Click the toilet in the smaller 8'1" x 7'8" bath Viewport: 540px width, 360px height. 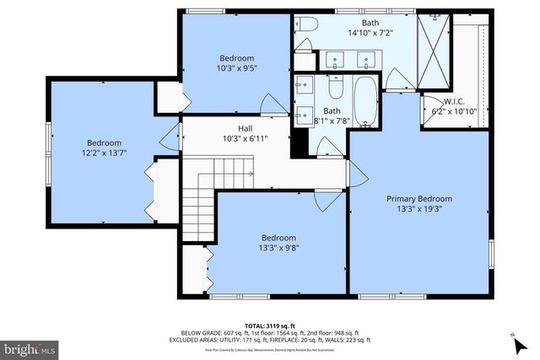point(335,87)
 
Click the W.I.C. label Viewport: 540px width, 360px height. point(444,101)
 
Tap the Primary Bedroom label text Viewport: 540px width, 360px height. point(419,199)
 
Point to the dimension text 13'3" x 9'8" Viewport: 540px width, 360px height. point(278,249)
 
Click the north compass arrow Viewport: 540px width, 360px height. point(515,341)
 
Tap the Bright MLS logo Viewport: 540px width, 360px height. point(30,347)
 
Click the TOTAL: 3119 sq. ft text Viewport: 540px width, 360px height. point(270,325)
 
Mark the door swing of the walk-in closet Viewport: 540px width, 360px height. point(429,107)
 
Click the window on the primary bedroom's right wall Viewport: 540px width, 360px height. point(491,253)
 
